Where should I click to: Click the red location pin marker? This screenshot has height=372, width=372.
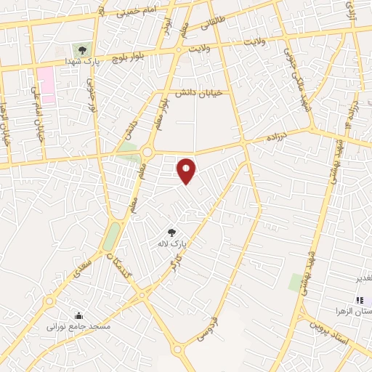click(x=187, y=171)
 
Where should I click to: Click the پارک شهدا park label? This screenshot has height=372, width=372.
click(x=82, y=64)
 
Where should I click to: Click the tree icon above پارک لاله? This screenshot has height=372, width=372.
click(x=171, y=232)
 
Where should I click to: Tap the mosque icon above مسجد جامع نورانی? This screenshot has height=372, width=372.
click(x=78, y=316)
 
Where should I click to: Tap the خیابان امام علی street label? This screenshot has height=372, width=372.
click(x=34, y=116)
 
